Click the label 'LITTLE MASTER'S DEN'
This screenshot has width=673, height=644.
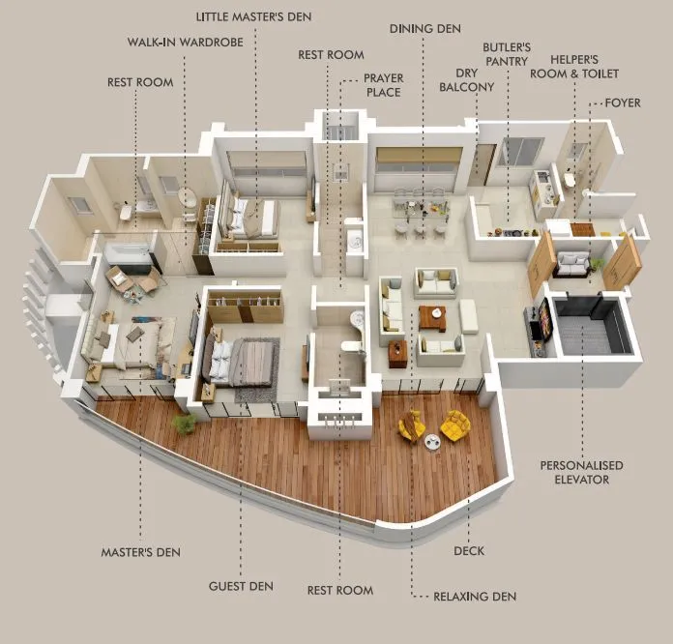click(x=254, y=16)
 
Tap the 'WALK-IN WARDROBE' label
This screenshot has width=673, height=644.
click(x=185, y=43)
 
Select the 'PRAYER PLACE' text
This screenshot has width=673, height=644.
click(x=382, y=85)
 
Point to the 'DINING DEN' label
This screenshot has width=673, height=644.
click(x=424, y=29)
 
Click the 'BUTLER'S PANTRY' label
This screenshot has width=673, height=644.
click(x=508, y=53)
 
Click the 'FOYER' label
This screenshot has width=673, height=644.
click(x=622, y=102)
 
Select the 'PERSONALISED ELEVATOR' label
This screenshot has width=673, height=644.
click(x=581, y=472)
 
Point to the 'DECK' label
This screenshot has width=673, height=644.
click(x=468, y=551)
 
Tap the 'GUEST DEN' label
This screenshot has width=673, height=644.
click(x=241, y=586)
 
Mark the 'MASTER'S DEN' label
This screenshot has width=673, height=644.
click(x=141, y=553)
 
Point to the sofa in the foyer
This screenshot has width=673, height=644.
click(x=575, y=262)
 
